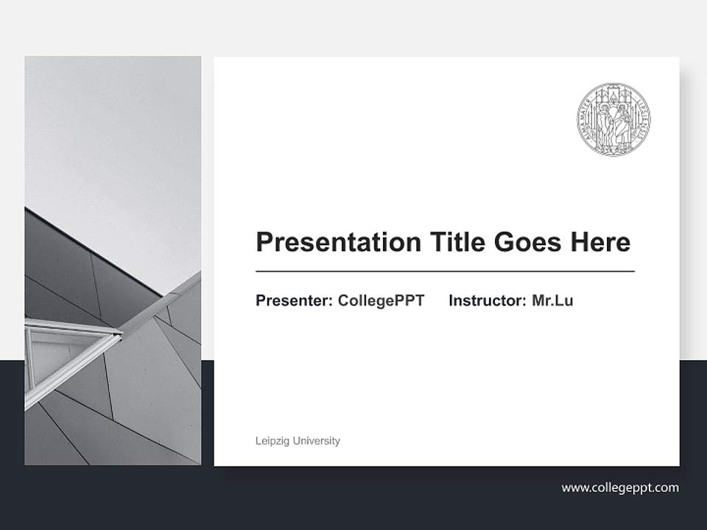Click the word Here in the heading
click(x=599, y=242)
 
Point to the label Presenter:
click(x=294, y=300)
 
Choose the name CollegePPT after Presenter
click(x=381, y=300)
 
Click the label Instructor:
click(x=487, y=300)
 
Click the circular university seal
click(x=613, y=119)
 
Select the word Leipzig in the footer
click(x=272, y=441)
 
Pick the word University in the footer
click(x=317, y=441)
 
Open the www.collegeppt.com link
click(x=620, y=487)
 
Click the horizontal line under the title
click(x=445, y=272)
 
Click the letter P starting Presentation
click(x=264, y=242)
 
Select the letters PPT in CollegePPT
click(x=411, y=300)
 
